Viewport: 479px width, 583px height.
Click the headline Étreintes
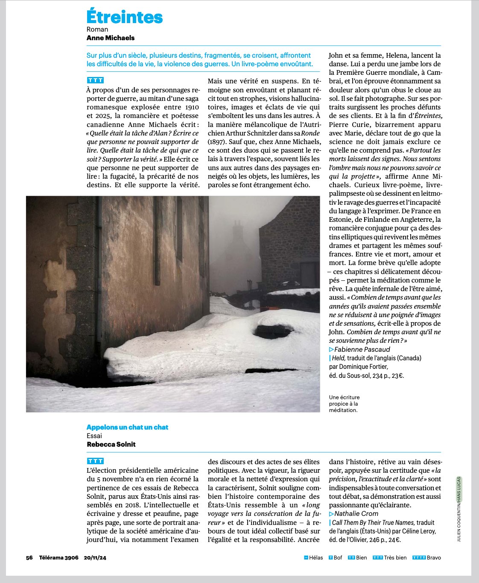[x=124, y=17]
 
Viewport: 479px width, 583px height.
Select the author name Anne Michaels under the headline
[x=110, y=38]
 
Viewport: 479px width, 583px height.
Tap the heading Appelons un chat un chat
[x=127, y=427]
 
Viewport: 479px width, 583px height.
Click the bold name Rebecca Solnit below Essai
[x=111, y=444]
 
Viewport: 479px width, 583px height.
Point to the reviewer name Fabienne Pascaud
[x=362, y=349]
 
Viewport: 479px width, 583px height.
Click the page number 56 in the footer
[x=29, y=557]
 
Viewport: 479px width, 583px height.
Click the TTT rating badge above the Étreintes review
[x=95, y=80]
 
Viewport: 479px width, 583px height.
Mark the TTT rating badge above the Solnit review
[x=95, y=461]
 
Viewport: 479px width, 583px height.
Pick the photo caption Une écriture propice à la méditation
[x=344, y=403]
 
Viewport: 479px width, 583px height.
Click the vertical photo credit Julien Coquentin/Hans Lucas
[x=459, y=509]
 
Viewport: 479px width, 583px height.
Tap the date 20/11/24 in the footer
[x=95, y=557]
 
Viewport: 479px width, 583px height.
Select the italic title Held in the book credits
[x=338, y=358]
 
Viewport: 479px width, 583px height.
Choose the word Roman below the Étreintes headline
[x=97, y=29]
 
